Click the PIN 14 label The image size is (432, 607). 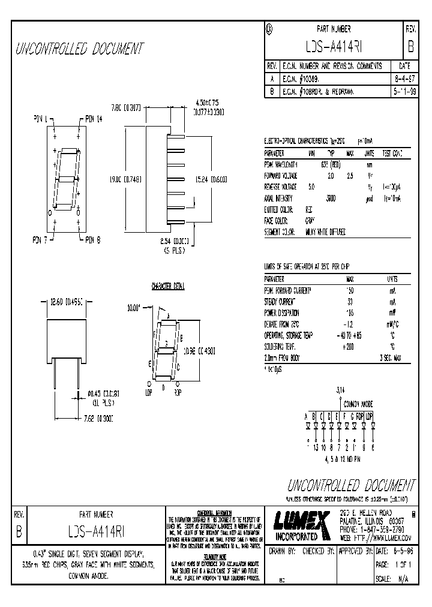pos(95,119)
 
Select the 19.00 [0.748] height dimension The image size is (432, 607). pos(124,178)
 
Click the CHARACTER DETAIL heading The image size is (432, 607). pos(168,287)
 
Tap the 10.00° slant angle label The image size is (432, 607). pos(134,307)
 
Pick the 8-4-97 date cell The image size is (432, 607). pos(404,79)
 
